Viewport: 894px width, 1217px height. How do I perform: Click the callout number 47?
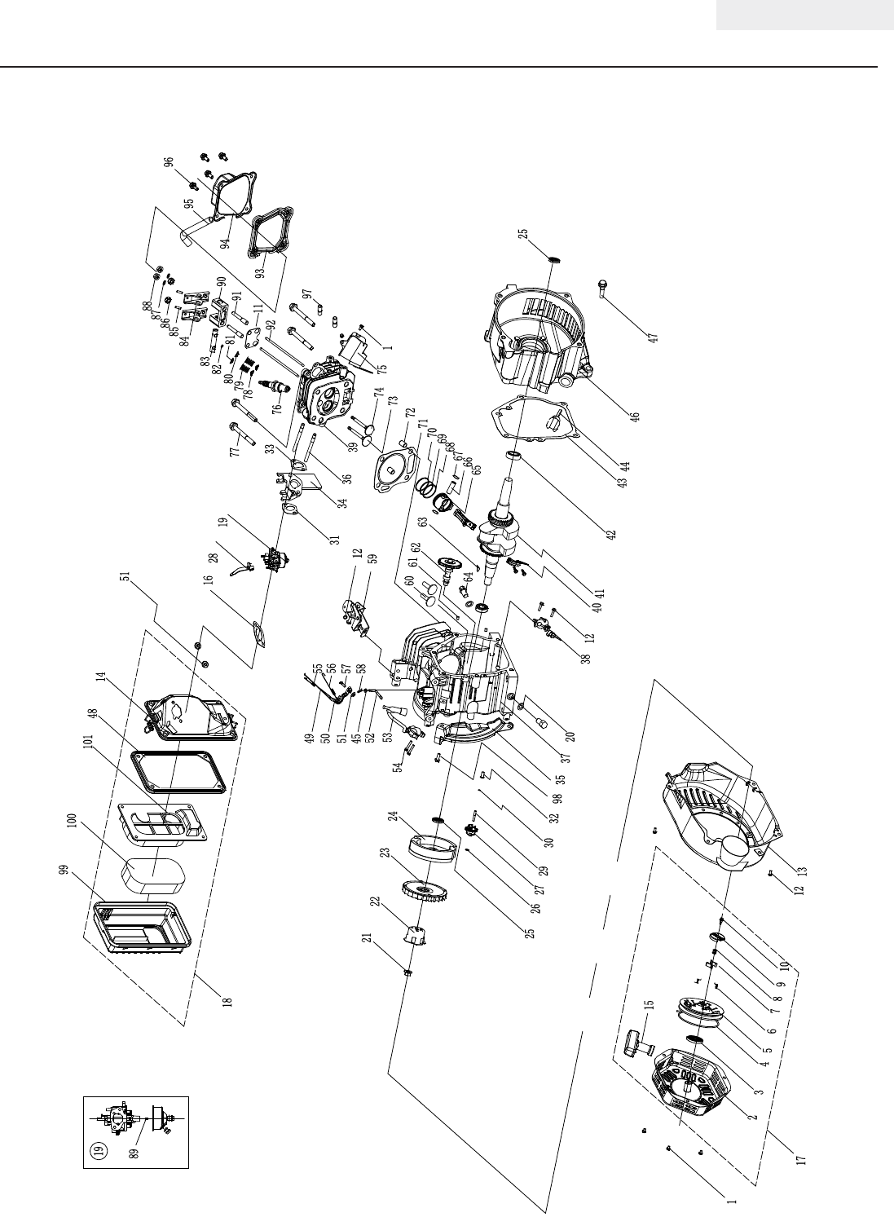[654, 334]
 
